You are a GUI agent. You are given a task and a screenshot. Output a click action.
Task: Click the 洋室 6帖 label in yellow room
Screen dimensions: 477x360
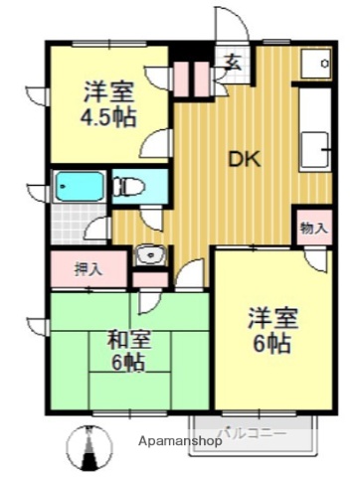click(x=270, y=331)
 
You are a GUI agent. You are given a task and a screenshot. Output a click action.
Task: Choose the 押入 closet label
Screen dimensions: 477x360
click(x=88, y=266)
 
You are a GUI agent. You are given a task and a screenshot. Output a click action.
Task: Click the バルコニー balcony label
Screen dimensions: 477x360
click(x=253, y=434)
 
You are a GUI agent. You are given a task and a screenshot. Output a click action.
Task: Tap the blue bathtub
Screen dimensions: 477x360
click(x=80, y=188)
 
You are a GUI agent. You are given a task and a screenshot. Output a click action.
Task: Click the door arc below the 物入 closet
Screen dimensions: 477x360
click(x=316, y=258)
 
